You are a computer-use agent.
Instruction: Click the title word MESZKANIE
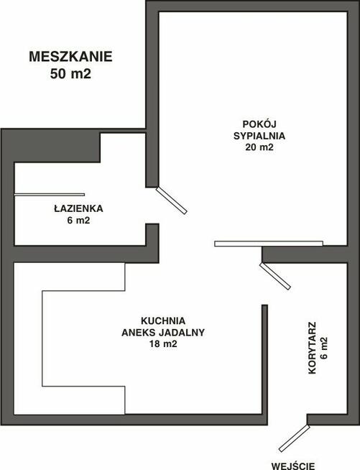point(70,57)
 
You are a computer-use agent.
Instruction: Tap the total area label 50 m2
point(70,74)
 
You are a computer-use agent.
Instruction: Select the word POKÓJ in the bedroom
point(259,124)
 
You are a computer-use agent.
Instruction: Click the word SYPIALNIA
point(259,136)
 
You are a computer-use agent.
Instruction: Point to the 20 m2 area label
point(259,147)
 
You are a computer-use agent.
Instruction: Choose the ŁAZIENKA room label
point(78,208)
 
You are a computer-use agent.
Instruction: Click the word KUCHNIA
point(163,321)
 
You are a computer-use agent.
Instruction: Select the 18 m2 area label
point(163,344)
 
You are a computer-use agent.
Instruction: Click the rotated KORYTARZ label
point(313,348)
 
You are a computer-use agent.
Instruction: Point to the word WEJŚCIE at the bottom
point(293,466)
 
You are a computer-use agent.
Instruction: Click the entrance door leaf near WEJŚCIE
point(294,438)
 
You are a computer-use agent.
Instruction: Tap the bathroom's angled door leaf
point(172,201)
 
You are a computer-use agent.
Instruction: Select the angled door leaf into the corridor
point(275,276)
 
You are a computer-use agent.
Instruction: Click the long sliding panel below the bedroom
point(269,244)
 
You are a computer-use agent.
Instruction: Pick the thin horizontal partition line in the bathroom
point(50,195)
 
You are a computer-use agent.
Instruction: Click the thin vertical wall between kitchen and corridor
point(264,359)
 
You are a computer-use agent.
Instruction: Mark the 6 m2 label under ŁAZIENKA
point(78,221)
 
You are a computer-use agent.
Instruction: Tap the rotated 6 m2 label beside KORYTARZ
point(324,348)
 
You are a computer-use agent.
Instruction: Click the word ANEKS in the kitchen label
point(139,333)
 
